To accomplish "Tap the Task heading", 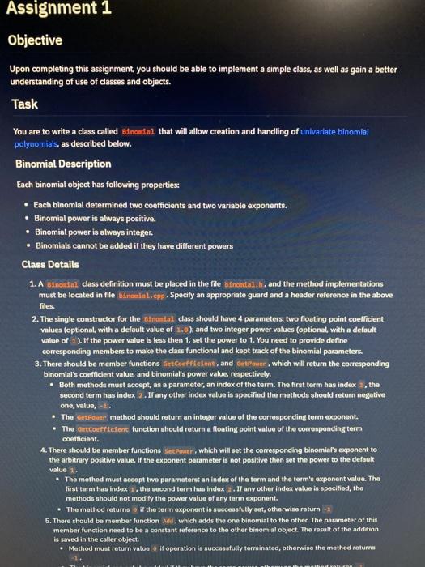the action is tap(24, 104).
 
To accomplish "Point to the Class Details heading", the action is tap(50, 263).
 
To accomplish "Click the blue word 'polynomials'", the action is tap(38, 143).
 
